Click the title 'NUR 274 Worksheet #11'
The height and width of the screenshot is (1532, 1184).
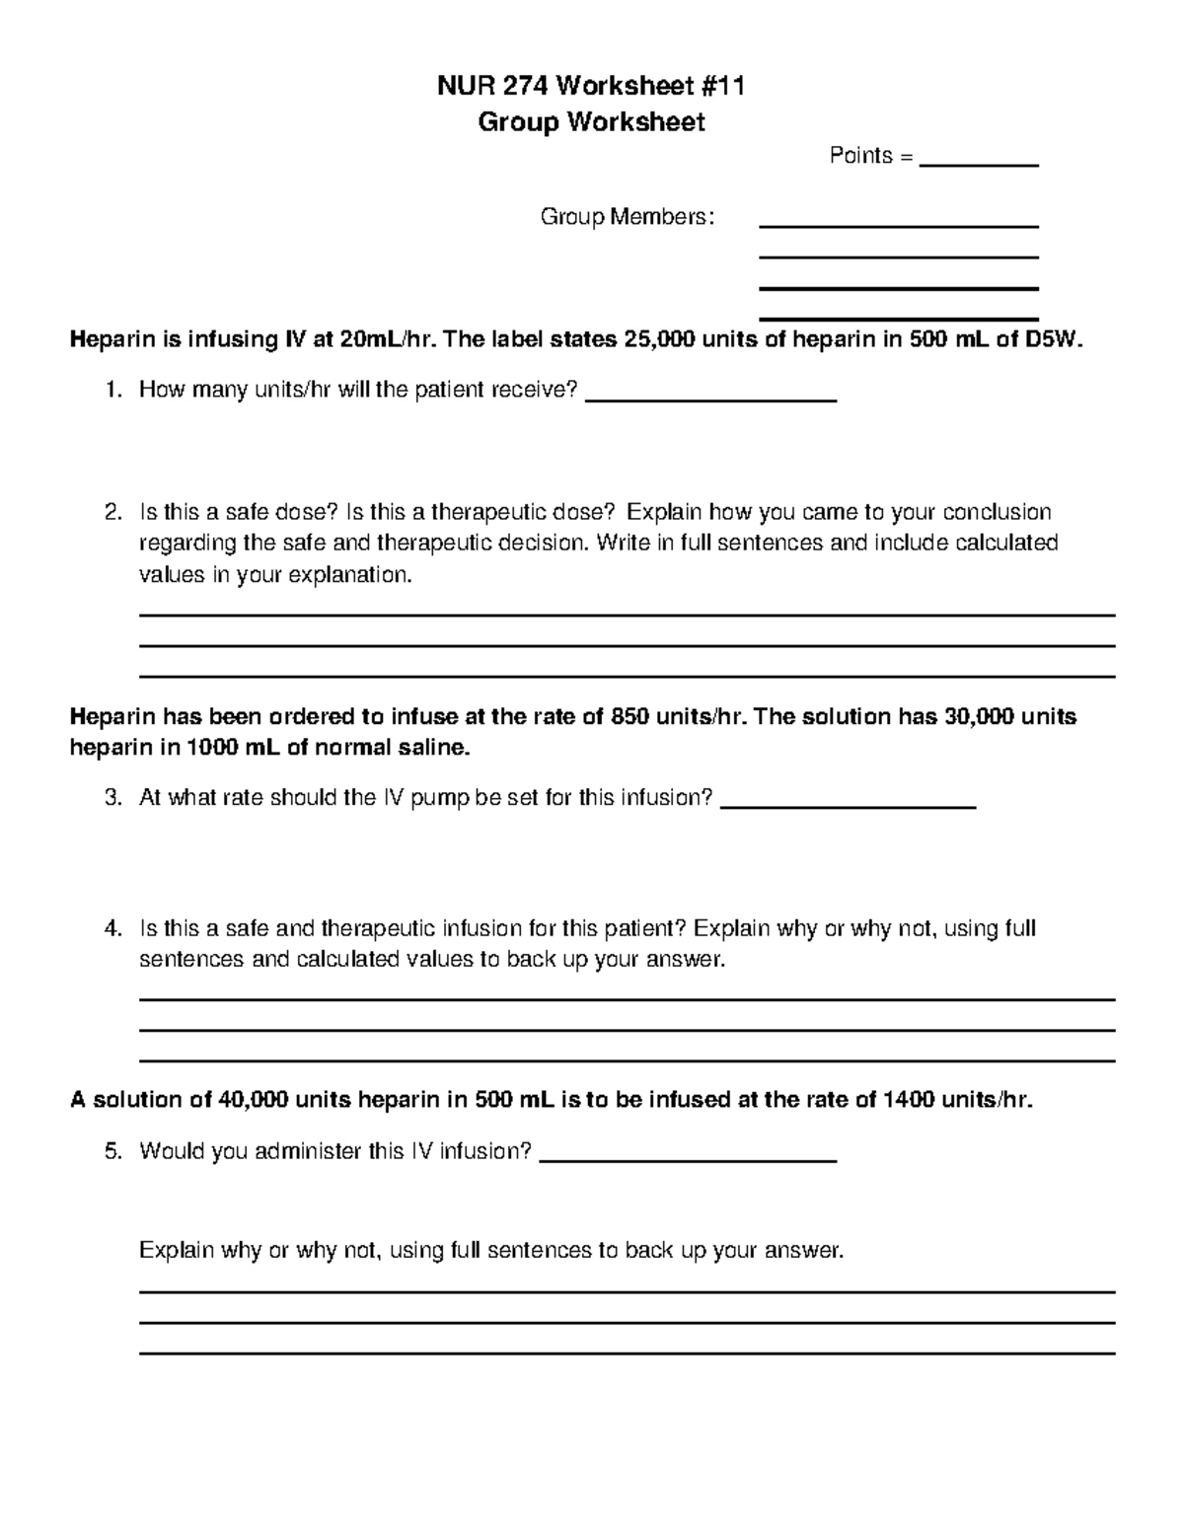click(x=591, y=87)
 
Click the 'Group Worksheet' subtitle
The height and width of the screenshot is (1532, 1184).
click(x=591, y=122)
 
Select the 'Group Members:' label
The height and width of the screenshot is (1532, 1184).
click(x=627, y=217)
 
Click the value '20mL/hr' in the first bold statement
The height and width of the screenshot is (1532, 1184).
click(x=381, y=340)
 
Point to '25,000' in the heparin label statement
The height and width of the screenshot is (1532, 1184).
click(x=656, y=340)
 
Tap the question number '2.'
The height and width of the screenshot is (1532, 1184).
click(x=113, y=513)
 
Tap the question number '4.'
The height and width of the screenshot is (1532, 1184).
click(x=113, y=929)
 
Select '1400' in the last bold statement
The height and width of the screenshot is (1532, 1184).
click(x=911, y=1101)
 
